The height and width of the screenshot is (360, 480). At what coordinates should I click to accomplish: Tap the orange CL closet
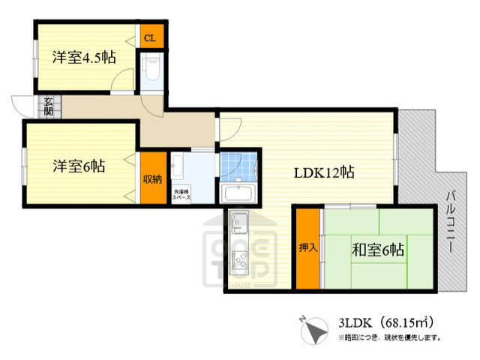[x=150, y=37]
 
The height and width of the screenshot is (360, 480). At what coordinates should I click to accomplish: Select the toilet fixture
[x=151, y=69]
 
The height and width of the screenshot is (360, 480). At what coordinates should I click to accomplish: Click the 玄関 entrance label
[x=47, y=106]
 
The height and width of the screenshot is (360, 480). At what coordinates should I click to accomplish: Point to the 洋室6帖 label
[x=78, y=166]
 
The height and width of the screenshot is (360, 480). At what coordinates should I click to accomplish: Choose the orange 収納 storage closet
[x=151, y=179]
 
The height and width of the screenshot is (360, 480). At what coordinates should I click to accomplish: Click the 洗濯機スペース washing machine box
[x=182, y=194]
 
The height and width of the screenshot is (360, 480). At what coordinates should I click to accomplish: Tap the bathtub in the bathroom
[x=241, y=193]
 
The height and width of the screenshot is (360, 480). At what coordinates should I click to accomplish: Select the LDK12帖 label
[x=323, y=172]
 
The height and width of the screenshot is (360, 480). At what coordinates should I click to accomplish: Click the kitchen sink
[x=241, y=223]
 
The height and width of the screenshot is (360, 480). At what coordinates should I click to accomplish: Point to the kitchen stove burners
[x=241, y=263]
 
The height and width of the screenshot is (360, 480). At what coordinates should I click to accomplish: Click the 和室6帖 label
[x=378, y=250]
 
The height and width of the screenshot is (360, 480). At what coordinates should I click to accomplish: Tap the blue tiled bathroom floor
[x=239, y=165]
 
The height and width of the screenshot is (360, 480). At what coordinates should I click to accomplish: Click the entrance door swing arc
[x=22, y=105]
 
